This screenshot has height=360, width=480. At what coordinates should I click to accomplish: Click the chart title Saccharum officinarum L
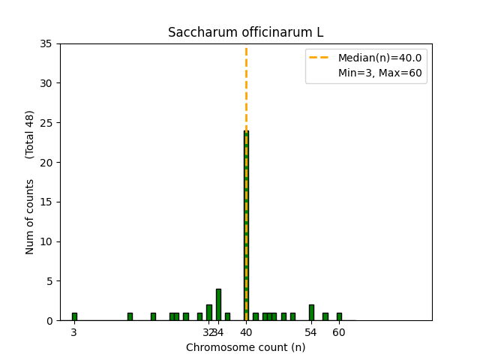click(x=245, y=32)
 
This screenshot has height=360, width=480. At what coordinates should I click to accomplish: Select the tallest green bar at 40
click(x=246, y=225)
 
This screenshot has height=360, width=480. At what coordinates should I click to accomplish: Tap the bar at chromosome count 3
click(x=74, y=316)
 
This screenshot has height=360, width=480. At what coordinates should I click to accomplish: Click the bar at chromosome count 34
click(x=218, y=304)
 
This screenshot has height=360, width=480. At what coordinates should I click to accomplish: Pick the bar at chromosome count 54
click(x=311, y=313)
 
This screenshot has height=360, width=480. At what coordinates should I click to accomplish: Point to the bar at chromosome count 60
click(x=339, y=316)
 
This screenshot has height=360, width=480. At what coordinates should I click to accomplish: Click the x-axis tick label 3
click(x=74, y=332)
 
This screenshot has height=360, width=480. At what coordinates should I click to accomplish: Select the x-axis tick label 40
click(x=246, y=332)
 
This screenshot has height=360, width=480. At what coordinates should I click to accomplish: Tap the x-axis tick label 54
click(x=311, y=332)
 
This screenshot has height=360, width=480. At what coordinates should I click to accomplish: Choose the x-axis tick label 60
click(x=339, y=332)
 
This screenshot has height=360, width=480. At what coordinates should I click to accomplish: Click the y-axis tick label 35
click(x=46, y=43)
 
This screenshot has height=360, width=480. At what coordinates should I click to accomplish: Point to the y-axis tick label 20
click(x=46, y=163)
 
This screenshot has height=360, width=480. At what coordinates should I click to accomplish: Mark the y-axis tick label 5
click(x=49, y=281)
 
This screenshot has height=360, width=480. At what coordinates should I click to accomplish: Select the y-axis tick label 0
click(x=49, y=321)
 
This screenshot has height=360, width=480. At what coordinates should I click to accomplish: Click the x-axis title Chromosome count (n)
click(x=245, y=347)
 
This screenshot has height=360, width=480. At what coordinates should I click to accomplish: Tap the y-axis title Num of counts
click(x=30, y=217)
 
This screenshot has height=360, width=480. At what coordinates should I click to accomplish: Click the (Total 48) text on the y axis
click(x=30, y=134)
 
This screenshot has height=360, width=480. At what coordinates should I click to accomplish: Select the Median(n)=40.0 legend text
click(x=379, y=58)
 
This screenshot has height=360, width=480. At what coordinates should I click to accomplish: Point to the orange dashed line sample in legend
click(x=321, y=58)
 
